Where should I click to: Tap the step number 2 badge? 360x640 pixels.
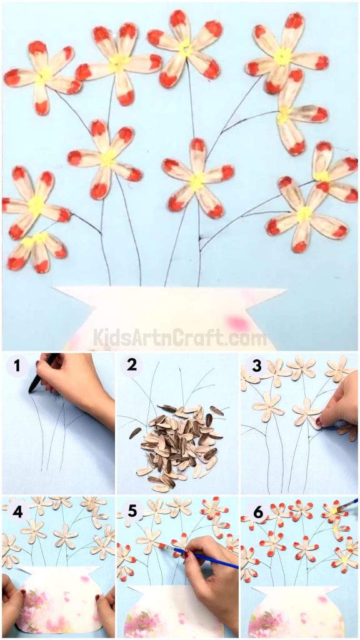(x=132, y=366)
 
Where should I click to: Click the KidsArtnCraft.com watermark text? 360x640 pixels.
(x=180, y=338)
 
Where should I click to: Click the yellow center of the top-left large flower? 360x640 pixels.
(x=44, y=76)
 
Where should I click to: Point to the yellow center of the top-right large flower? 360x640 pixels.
(x=282, y=57)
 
